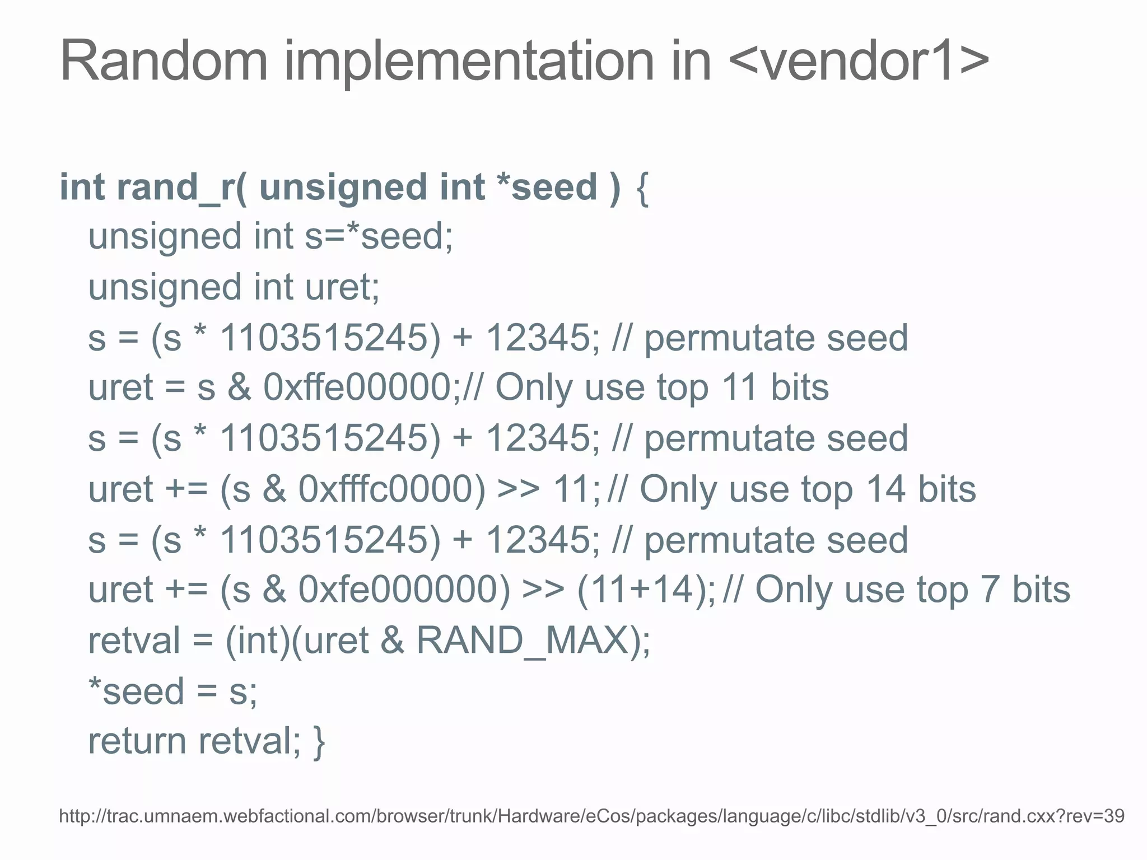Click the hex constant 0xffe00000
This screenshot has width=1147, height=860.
pos(357,387)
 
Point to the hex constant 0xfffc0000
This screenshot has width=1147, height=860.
pos(391,489)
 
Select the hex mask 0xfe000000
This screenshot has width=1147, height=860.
pos(404,590)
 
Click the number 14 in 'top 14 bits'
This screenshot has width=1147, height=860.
pos(885,489)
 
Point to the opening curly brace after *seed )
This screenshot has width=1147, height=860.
pos(642,188)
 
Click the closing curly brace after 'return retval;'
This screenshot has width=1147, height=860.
pos(319,742)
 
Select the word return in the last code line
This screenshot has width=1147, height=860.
pos(137,741)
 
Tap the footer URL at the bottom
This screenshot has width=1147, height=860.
pos(591,816)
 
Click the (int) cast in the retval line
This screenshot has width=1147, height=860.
pos(258,640)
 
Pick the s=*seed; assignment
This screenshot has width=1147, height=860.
pos(379,236)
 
